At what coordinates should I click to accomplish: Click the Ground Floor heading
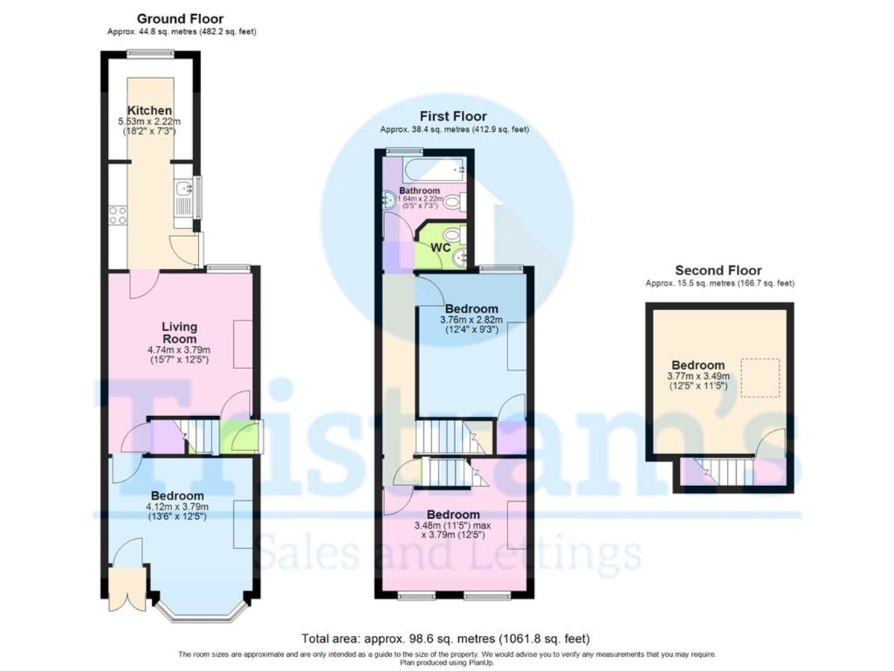pos(180,19)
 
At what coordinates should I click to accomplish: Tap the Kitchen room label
pos(150,110)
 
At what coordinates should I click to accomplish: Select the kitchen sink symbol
pos(183,195)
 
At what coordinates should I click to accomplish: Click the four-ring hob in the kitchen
pos(118,215)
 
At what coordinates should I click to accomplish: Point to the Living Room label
pos(180,333)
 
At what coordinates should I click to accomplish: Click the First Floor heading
pos(453,116)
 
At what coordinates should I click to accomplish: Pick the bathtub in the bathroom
pos(433,170)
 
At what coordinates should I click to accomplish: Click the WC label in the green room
pos(440,248)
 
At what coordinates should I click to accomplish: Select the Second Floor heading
pos(718,271)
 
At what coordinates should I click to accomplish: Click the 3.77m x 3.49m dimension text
pos(698,377)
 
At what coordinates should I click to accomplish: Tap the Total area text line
pos(446,639)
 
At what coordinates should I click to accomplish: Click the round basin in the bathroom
pos(389,200)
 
